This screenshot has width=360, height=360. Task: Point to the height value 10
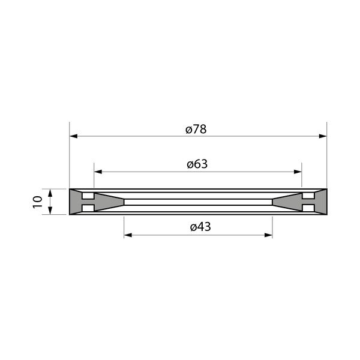(38, 202)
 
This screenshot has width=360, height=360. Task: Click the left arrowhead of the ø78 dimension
(74, 136)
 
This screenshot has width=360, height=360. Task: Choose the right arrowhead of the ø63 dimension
(298, 172)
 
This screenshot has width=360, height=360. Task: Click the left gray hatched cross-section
(76, 202)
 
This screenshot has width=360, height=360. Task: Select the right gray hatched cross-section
(320, 202)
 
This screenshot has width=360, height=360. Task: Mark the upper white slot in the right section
(308, 197)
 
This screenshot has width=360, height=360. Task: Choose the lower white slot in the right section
(308, 207)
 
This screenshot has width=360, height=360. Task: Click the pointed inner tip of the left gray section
(122, 202)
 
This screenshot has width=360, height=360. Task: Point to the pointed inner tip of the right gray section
(274, 202)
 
